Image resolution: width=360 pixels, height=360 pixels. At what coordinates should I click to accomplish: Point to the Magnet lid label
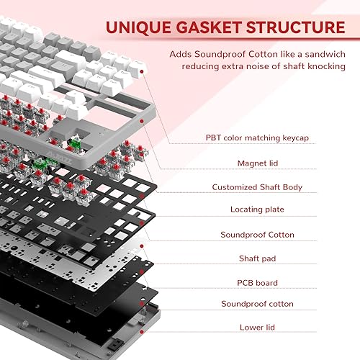point(257,163)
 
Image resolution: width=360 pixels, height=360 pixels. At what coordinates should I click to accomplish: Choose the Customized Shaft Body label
point(257,187)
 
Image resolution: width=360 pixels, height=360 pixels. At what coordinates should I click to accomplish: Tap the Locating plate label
point(257,210)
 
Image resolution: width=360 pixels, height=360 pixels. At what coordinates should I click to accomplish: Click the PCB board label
point(257,283)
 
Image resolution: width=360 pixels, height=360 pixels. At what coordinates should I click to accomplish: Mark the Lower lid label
point(257,327)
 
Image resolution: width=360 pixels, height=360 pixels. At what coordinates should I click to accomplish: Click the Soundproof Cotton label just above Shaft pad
point(257,235)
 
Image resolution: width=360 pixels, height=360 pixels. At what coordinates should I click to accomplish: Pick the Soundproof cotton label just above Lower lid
point(257,304)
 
